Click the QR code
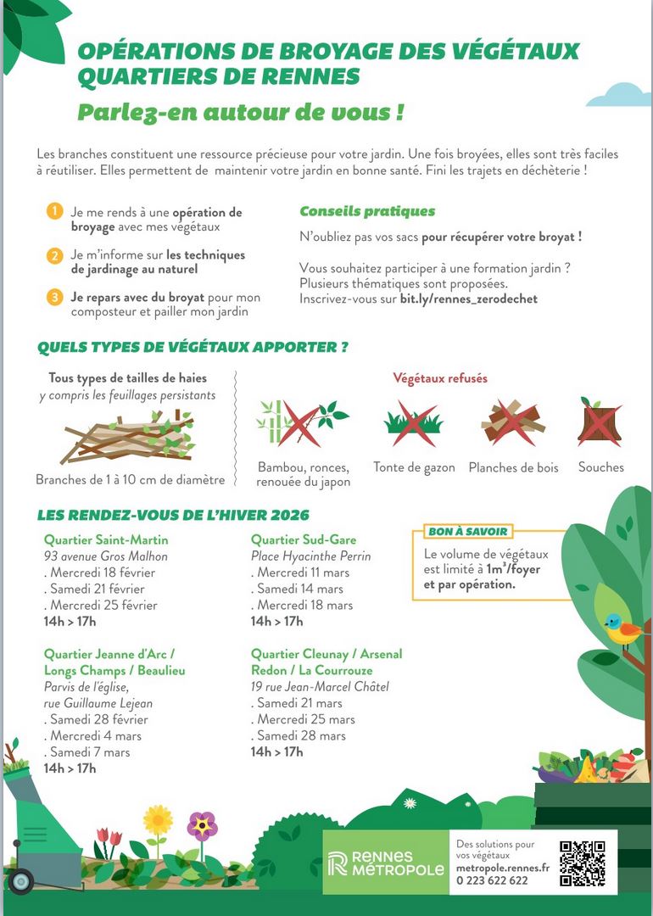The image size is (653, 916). coord(582,863)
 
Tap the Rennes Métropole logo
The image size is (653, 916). coord(386,863)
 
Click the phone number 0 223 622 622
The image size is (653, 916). coord(492,880)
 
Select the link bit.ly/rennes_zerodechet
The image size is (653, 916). coord(468,299)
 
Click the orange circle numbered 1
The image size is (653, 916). coord(54,211)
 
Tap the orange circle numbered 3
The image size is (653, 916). coord(54,297)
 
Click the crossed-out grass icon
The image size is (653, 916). coord(414,421)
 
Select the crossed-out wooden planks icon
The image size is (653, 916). coord(512,421)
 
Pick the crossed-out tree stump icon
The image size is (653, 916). coord(600,421)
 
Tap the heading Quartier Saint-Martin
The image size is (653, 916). coord(106,539)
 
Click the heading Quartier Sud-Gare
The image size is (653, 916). coord(304,539)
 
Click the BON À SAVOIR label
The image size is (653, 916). coord(467,532)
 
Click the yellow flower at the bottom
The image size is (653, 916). coord(158,819)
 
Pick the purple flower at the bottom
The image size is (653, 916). coord(202,824)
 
